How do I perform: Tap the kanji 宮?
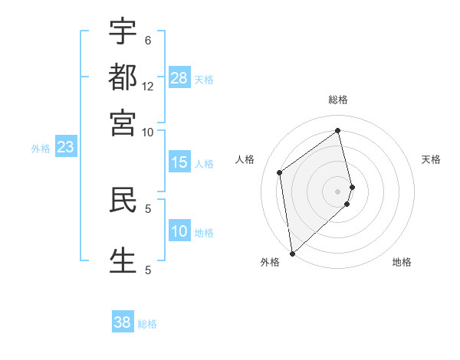123,122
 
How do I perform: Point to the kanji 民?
123,198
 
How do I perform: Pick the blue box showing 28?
179,78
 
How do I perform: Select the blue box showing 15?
179,162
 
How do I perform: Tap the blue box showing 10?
179,231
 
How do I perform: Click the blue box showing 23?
65,147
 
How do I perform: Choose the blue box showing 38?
123,322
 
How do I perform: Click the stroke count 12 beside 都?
148,87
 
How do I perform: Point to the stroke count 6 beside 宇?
148,40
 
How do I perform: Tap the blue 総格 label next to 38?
148,324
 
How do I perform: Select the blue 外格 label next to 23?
41,149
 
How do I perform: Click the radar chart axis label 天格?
432,159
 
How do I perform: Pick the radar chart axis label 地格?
402,262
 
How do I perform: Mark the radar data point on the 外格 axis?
292,253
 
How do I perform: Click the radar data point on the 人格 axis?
280,172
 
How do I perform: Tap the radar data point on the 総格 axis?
338,130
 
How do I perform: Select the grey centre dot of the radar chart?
338,191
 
